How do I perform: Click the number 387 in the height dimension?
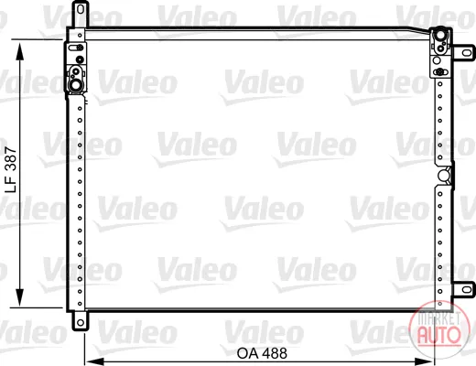[12, 157]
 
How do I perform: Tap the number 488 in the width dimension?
[275, 353]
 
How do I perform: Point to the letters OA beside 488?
[248, 353]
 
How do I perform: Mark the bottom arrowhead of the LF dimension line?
[20, 296]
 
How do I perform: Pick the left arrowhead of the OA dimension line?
[94, 361]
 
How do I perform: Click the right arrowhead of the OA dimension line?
[426, 361]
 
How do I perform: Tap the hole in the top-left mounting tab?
[81, 9]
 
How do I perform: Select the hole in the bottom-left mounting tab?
[81, 322]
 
